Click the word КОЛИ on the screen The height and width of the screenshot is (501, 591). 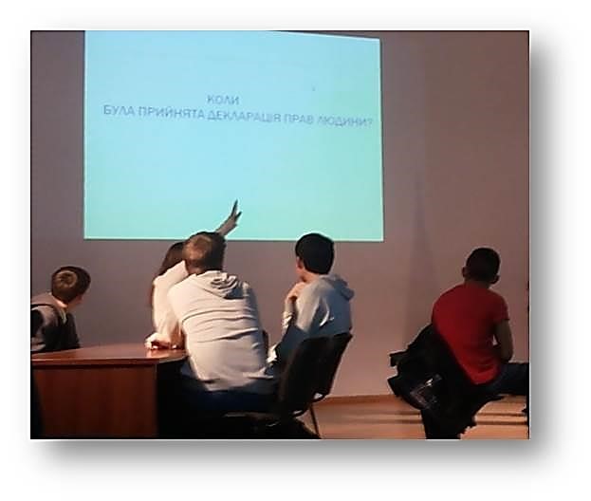pyautogui.click(x=223, y=101)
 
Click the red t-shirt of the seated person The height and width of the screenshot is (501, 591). pyautogui.click(x=470, y=330)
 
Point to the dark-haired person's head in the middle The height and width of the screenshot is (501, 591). pyautogui.click(x=315, y=254)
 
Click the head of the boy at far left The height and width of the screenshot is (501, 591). pyautogui.click(x=70, y=284)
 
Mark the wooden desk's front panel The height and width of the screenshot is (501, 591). pyautogui.click(x=94, y=399)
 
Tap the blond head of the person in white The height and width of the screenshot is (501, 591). pyautogui.click(x=204, y=251)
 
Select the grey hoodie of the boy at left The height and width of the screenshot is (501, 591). pyautogui.click(x=53, y=322)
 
